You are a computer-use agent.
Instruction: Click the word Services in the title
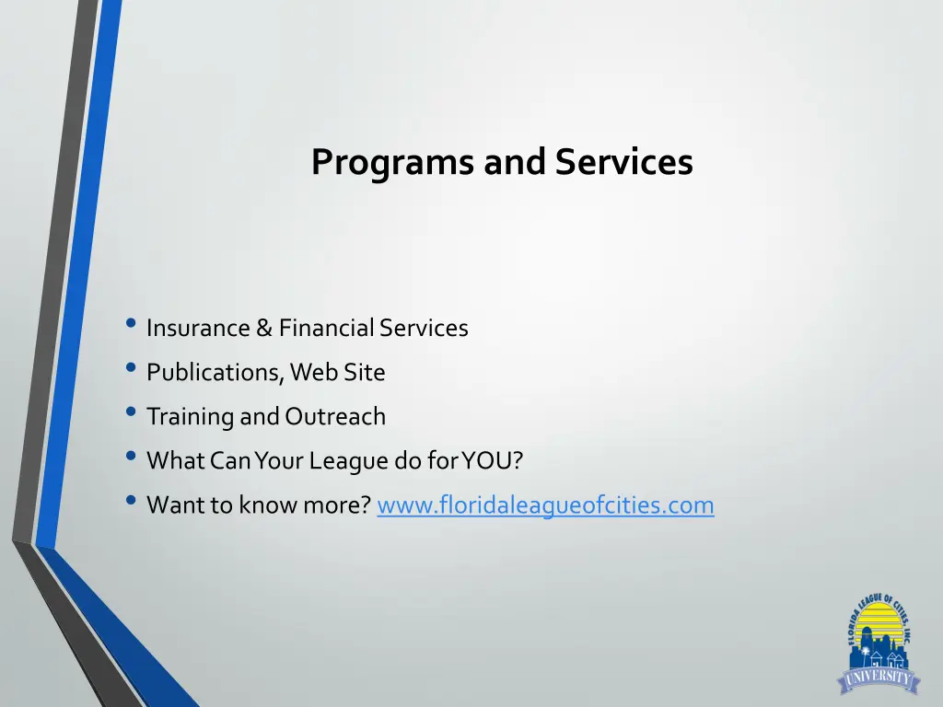click(623, 162)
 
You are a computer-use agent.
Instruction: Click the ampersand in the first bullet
click(263, 328)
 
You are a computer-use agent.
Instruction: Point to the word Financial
click(326, 328)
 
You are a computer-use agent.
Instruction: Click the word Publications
click(215, 373)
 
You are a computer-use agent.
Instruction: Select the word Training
click(190, 417)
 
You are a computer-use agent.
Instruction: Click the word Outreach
click(335, 417)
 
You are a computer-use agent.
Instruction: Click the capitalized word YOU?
click(492, 461)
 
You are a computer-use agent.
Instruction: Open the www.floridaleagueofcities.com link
click(545, 505)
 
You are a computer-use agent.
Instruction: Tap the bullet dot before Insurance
click(132, 324)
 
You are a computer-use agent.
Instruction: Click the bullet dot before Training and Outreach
click(132, 413)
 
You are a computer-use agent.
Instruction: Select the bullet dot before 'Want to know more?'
click(132, 502)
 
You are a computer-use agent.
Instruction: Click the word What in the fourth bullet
click(175, 461)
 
